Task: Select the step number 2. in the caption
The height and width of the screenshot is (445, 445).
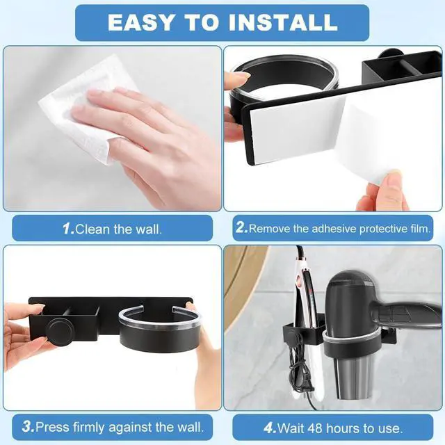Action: point(241,228)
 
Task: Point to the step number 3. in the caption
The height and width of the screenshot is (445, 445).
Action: point(29,426)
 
